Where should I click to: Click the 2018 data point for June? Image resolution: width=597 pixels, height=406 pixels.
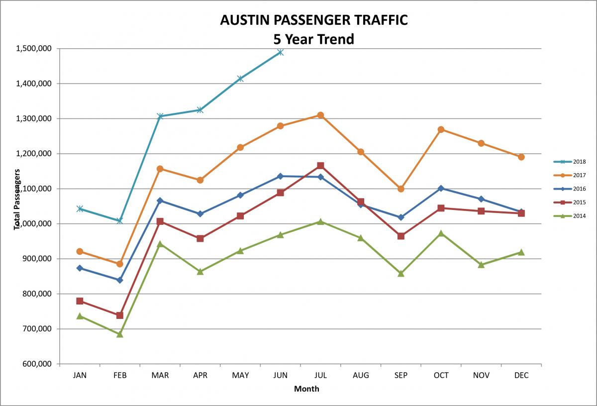(281, 52)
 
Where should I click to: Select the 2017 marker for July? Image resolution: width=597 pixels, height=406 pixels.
(321, 115)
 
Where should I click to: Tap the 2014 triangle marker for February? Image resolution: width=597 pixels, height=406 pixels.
(120, 334)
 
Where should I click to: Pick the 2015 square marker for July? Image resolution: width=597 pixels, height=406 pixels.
(321, 166)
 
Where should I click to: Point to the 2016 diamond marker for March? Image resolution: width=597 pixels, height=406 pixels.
(160, 201)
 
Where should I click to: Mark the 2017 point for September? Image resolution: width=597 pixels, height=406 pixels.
(401, 189)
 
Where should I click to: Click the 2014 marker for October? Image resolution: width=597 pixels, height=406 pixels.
(441, 233)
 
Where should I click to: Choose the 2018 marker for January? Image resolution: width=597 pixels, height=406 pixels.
(80, 208)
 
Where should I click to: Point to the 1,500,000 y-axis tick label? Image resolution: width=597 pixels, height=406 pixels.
(34, 49)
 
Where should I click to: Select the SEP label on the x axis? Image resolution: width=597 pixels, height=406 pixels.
(401, 376)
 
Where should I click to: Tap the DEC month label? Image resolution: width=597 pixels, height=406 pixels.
(521, 376)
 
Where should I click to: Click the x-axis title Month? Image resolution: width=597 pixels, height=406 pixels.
(306, 389)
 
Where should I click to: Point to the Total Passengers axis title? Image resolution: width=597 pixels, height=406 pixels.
(18, 199)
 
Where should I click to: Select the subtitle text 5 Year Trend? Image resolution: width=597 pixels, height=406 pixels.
(313, 39)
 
